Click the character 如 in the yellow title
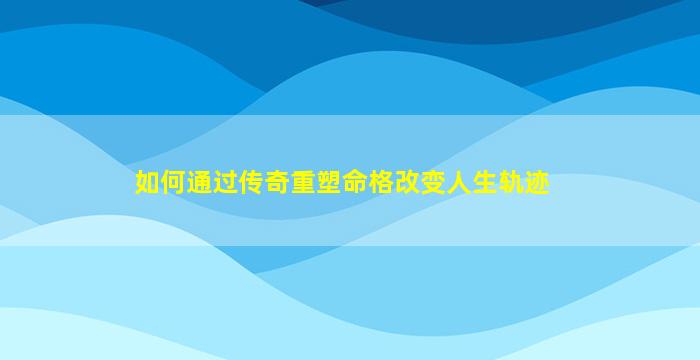point(147,183)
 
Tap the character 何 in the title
point(174,183)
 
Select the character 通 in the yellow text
point(200,183)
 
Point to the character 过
point(225,183)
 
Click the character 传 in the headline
point(251,183)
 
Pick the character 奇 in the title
point(277,183)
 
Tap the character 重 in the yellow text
point(304,183)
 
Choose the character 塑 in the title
point(329,183)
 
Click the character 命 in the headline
point(355,183)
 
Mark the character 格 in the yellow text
point(381,183)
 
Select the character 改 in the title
point(407,183)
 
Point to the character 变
point(433,183)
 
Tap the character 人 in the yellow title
point(459,183)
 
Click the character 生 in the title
point(485,183)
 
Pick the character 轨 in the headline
point(511,183)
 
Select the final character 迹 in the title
point(537,183)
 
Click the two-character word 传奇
point(264,183)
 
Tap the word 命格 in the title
point(368,183)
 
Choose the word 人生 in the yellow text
point(472,183)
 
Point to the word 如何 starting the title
point(161,183)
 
